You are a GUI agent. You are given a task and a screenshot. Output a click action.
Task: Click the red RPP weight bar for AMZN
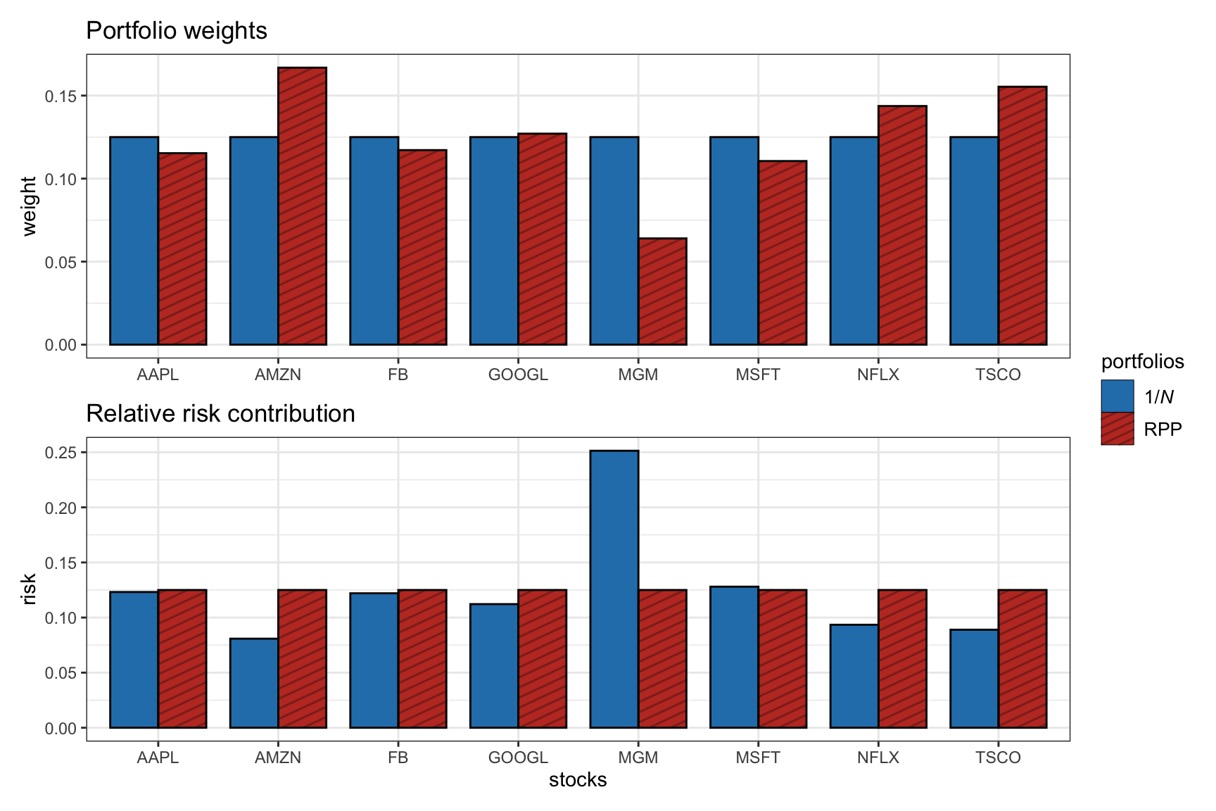302,206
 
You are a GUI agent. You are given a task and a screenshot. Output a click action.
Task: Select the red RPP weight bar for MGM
662,291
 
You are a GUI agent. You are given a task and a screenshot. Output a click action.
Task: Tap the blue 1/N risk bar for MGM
614,589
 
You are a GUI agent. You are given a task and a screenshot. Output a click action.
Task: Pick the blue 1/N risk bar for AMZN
254,683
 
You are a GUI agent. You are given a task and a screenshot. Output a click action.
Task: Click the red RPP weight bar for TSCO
1022,215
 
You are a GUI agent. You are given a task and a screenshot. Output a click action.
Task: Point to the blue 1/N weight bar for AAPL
134,241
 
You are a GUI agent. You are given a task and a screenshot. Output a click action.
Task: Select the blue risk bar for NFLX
854,676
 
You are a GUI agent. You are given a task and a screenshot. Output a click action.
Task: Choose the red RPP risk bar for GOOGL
543,659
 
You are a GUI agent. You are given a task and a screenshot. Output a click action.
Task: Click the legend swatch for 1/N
1117,396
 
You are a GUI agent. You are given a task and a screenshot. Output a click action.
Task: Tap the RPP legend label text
1163,429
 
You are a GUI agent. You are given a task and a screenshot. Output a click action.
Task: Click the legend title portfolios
1142,362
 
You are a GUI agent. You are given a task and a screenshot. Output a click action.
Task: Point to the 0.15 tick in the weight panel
61,96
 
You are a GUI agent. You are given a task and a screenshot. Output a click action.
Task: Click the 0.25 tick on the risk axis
61,453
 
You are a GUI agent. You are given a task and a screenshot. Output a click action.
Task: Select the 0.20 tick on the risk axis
61,508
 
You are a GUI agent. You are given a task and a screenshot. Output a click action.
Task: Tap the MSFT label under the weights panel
758,375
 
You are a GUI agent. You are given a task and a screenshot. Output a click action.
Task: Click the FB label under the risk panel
398,757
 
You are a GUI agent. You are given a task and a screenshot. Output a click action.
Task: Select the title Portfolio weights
177,31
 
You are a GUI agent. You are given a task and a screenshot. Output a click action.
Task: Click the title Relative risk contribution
220,414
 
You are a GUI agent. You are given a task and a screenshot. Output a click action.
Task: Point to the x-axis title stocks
578,780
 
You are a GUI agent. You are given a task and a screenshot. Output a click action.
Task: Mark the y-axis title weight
29,206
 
